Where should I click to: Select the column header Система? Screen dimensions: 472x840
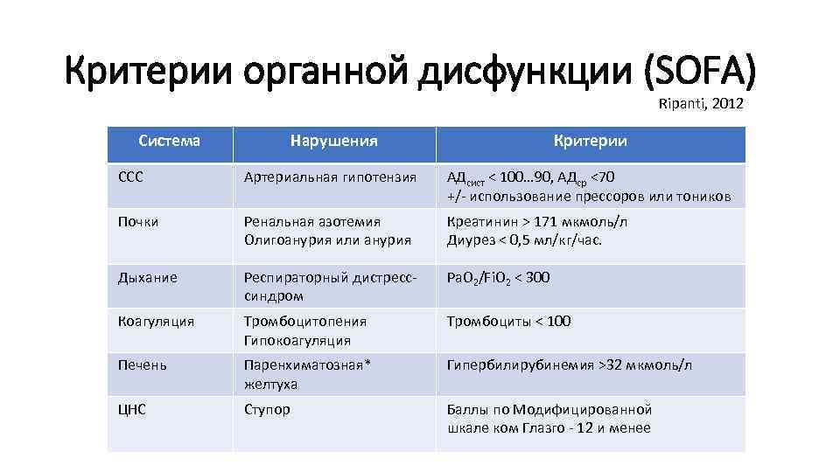point(170,140)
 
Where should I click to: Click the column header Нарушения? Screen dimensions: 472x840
point(334,142)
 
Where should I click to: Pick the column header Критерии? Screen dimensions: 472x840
point(591,142)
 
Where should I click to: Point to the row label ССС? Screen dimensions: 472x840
point(130,177)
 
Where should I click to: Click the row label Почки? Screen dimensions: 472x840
point(138,222)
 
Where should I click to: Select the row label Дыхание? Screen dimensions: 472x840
point(147,278)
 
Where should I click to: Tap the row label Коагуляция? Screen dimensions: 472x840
point(156,322)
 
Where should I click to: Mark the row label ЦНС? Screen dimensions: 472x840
point(131,409)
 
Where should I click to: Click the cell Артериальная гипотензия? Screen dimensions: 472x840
point(330,177)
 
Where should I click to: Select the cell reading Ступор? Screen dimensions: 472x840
point(267,409)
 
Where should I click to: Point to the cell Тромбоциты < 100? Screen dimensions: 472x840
point(508,322)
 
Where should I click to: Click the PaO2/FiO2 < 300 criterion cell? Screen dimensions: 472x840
point(498,279)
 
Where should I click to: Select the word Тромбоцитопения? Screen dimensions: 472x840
point(304,322)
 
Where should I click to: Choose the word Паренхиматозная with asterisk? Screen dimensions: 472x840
point(307,365)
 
